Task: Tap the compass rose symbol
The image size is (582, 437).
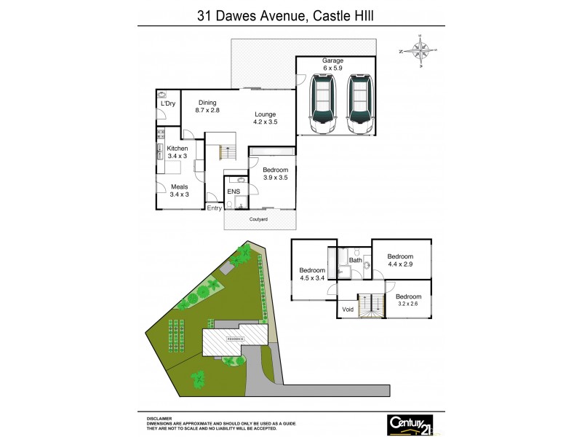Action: tap(420, 50)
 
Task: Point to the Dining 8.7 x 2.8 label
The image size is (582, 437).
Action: tap(207, 106)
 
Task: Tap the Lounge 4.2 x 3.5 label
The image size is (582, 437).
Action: tap(265, 118)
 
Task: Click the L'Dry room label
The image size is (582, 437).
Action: tap(167, 104)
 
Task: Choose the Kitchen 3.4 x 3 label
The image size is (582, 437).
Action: tap(178, 152)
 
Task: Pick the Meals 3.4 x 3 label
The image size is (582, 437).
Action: tap(179, 191)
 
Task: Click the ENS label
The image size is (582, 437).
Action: tap(234, 192)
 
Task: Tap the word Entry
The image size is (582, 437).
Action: tap(215, 208)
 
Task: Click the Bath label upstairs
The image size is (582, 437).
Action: tap(356, 260)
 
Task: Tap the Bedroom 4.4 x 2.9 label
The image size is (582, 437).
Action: tap(400, 261)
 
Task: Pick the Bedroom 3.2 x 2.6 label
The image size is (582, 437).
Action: tap(408, 301)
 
